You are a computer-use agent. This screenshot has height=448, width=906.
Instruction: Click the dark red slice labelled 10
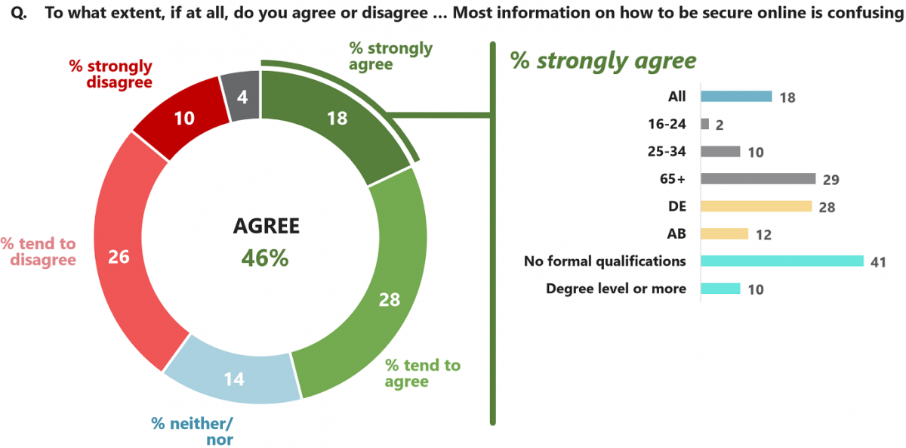point(183,117)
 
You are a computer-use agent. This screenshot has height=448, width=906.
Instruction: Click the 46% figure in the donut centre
point(265,258)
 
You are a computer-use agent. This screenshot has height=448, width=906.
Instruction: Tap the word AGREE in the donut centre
point(266,226)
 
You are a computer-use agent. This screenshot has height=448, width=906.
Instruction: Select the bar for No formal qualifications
point(782,261)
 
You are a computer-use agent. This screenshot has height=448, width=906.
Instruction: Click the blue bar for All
point(736,97)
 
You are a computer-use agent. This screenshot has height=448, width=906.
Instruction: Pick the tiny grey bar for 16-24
point(704,124)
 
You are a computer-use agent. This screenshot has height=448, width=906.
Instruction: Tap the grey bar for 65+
point(758,178)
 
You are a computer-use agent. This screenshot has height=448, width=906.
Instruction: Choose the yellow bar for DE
point(756,206)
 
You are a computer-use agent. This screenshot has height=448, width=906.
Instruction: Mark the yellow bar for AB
point(724,233)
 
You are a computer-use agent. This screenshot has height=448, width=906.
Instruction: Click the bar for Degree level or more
point(720,289)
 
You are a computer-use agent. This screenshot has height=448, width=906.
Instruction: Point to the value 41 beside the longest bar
point(877,262)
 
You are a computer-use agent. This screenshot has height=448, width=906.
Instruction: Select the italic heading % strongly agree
point(603,60)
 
